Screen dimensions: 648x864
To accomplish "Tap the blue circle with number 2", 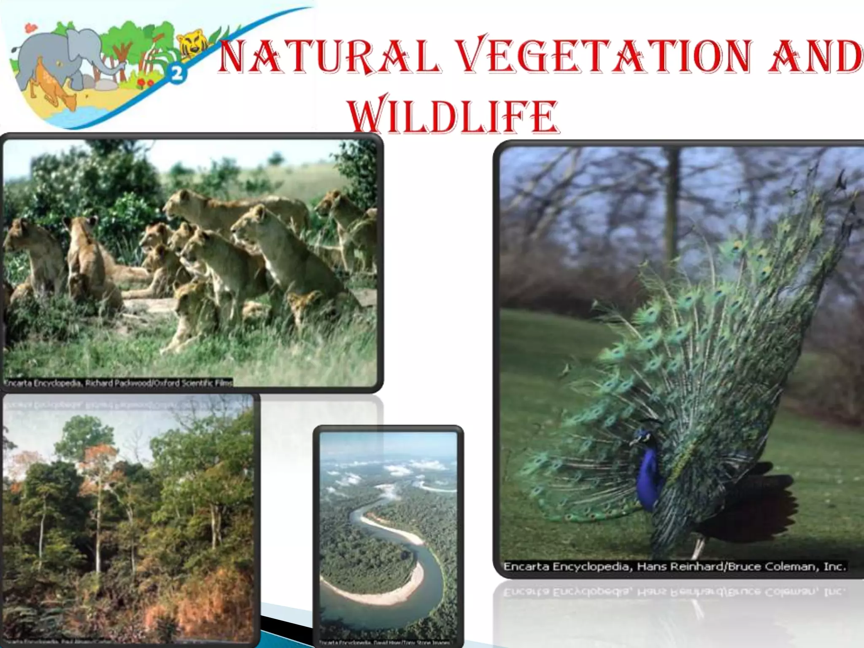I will (177, 74).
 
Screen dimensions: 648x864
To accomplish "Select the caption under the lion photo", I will (118, 383).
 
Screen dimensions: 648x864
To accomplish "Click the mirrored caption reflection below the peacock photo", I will (675, 592).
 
